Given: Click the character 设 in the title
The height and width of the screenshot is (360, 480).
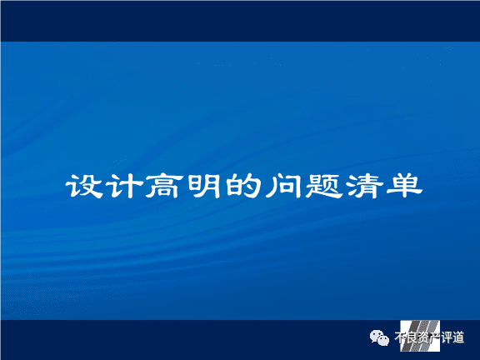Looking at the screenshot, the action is coord(84,186).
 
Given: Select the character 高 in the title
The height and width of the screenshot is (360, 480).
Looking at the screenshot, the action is coord(162,186).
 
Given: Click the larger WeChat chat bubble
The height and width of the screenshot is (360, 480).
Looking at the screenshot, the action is coord(377,336).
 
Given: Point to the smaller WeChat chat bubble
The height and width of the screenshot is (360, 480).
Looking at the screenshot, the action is coord(383,340).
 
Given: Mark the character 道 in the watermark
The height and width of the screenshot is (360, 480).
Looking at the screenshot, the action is coord(458,337).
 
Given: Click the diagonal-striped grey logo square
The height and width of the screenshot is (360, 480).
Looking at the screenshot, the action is coord(420,336).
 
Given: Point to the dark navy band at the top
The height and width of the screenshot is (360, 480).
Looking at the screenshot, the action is coord(240,21).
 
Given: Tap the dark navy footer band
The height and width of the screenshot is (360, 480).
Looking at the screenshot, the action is coord(240,340).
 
